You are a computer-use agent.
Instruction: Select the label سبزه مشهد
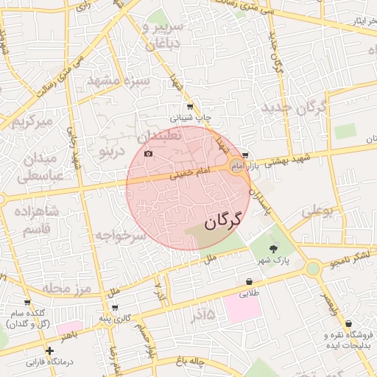point(118,80)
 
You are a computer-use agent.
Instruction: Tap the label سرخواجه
point(122,236)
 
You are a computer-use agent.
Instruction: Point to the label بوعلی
point(317,211)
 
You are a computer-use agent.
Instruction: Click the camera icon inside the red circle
point(149,153)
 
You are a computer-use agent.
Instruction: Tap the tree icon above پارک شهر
point(274,248)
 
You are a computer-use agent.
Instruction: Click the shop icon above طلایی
point(250,281)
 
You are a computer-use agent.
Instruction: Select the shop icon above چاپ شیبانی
point(190,107)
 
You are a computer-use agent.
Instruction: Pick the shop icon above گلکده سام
point(27,302)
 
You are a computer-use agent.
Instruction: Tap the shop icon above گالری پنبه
point(114,307)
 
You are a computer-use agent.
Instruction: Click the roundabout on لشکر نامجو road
point(313,269)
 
